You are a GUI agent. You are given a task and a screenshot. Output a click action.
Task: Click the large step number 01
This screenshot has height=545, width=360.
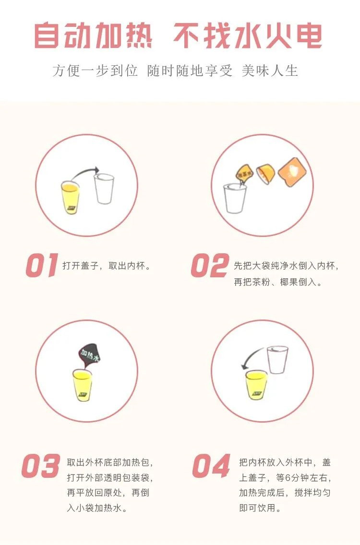(42, 265)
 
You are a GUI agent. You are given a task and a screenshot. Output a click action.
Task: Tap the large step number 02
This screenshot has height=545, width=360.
(210, 265)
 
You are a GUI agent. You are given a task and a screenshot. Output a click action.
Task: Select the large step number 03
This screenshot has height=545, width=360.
(41, 465)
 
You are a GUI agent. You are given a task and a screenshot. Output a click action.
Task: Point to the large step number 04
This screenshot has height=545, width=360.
(211, 465)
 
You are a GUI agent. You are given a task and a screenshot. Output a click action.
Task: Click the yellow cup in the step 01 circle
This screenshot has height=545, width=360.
(71, 197)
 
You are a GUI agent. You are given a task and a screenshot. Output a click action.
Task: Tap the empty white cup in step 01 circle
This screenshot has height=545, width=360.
(104, 188)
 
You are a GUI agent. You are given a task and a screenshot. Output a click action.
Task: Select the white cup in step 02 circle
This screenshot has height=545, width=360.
(235, 198)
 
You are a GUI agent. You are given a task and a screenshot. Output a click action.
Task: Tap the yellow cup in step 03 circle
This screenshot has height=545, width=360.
(83, 384)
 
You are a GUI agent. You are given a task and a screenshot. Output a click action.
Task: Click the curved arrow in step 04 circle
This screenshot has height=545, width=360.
(251, 357)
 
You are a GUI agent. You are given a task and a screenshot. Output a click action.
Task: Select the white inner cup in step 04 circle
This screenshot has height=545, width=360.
(277, 359)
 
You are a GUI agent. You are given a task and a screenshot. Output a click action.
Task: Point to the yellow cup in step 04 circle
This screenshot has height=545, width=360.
(256, 384)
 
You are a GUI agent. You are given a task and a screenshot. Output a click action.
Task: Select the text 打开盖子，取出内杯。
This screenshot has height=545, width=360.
(107, 265)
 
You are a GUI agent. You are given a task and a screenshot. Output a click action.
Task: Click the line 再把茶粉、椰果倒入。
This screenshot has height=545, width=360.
(278, 282)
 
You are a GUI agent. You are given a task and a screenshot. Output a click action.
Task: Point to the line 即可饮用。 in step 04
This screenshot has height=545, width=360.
(260, 508)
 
